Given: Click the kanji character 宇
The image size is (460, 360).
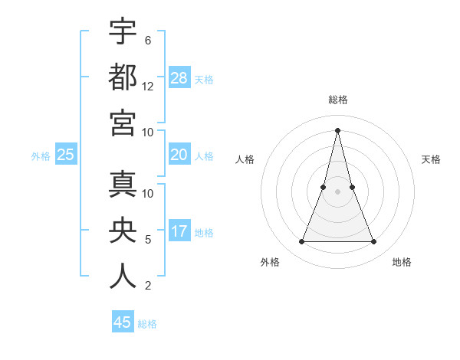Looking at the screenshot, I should tap(123, 32).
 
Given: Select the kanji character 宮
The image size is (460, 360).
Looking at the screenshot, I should tap(123, 123).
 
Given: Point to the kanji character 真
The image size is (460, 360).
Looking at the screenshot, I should tap(123, 185).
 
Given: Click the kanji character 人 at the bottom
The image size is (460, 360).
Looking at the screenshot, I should tap(123, 276).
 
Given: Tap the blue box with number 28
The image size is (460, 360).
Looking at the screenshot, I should tap(179, 77).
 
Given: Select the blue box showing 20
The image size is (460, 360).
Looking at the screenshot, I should tap(179, 155).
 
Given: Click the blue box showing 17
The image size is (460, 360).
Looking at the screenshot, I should tap(179, 231).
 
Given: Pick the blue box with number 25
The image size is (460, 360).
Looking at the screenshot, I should tap(66, 155).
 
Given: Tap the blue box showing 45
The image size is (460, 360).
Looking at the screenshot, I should tap(123, 322).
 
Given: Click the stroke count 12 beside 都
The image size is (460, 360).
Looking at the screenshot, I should tap(148, 87).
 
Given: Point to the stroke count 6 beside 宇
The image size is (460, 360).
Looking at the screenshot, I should tap(147, 41).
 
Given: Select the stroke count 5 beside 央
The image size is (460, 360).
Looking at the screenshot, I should tap(148, 240).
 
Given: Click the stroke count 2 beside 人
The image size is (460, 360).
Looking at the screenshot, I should tap(148, 286).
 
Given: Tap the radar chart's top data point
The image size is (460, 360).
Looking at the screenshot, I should tap(337, 129).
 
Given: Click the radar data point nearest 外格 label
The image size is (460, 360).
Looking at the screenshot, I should tap(301, 242).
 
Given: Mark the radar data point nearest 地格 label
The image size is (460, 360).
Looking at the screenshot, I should tap(374, 242).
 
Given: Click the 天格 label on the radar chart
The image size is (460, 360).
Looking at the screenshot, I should tap(431, 159).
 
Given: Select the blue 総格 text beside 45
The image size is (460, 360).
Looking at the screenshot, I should tap(147, 324).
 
